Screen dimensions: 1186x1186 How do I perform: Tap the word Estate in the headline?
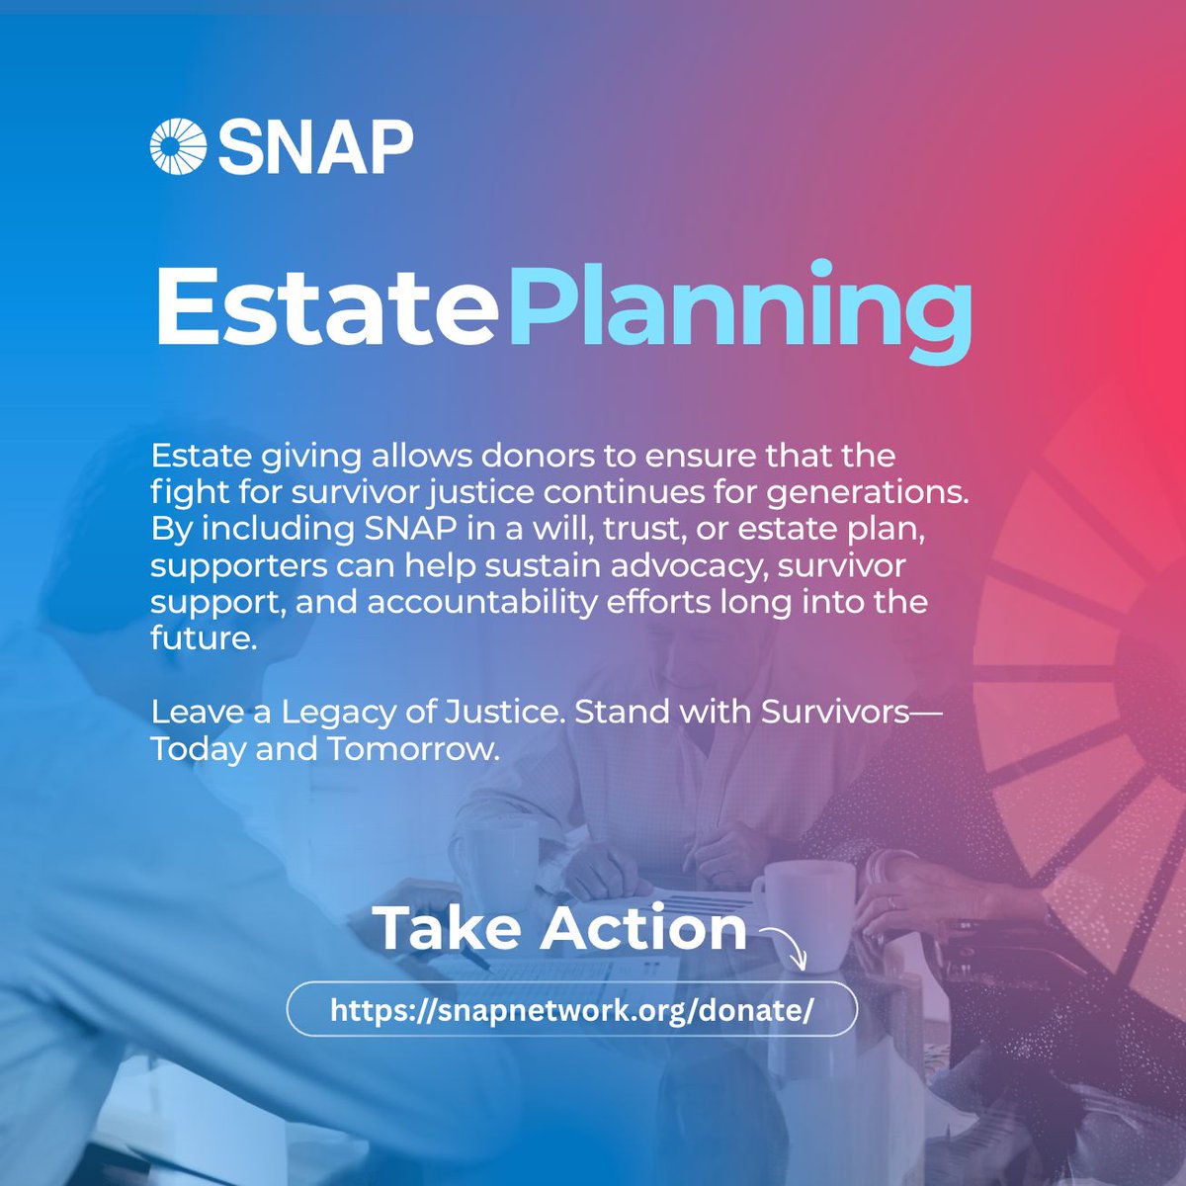324,305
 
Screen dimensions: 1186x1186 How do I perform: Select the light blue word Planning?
740,309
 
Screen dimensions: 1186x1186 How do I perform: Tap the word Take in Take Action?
443,928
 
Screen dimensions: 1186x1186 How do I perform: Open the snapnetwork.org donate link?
571,1009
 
